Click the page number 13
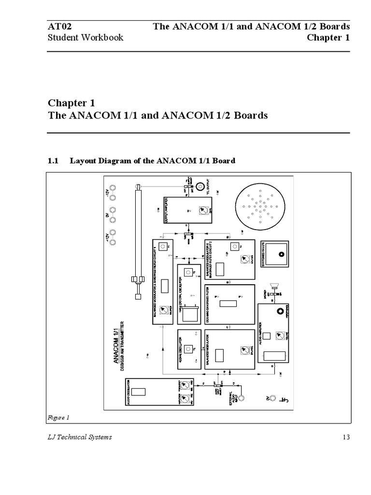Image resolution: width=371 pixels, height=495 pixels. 345,437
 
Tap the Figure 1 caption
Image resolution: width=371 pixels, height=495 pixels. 58,417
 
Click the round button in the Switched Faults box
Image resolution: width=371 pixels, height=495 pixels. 279,254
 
